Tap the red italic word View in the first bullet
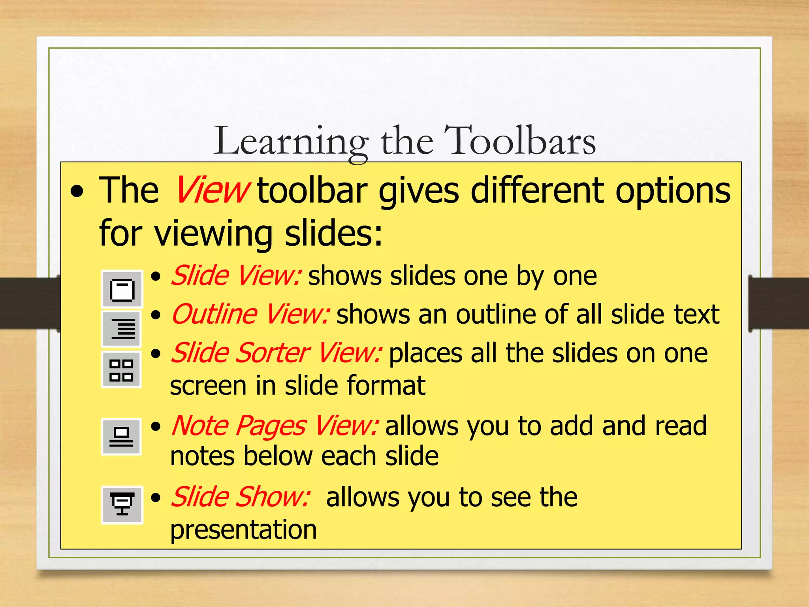212,191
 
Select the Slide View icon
122,290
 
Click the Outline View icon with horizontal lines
122,328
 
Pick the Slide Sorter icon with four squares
122,370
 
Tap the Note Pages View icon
122,437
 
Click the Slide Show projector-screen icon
122,504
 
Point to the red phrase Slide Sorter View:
276,353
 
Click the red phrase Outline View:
250,315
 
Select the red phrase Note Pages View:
275,426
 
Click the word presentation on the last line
243,530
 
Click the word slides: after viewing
333,233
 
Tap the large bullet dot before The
77,192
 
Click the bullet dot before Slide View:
156,277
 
